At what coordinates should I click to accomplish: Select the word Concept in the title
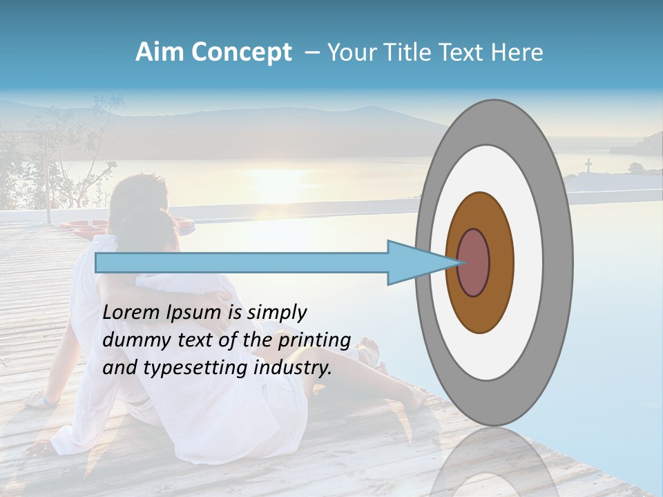(242, 52)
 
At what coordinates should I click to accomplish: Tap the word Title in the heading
(412, 52)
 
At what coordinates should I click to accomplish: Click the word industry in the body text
(293, 368)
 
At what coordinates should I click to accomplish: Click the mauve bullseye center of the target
(473, 263)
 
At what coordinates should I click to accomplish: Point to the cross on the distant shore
(588, 166)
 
